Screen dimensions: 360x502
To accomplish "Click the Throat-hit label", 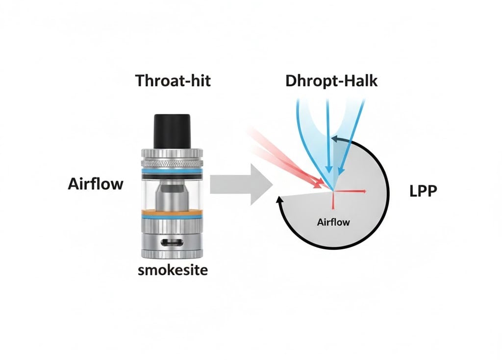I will click(173, 80).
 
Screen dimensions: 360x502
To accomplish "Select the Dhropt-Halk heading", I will click(331, 80).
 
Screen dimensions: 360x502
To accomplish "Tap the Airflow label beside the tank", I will click(96, 185).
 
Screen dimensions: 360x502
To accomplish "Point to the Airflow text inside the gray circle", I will click(333, 222).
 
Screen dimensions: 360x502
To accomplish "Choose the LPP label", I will click(423, 191).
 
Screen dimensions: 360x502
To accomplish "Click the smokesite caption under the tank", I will click(173, 270).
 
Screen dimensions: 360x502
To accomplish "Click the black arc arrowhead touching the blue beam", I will click(334, 140).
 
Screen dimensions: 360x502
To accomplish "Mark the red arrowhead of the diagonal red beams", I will click(321, 185).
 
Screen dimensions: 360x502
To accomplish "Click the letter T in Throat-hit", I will click(140, 80).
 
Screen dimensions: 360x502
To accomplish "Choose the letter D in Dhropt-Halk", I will click(291, 80).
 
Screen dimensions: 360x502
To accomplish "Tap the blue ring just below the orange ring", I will click(172, 216).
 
